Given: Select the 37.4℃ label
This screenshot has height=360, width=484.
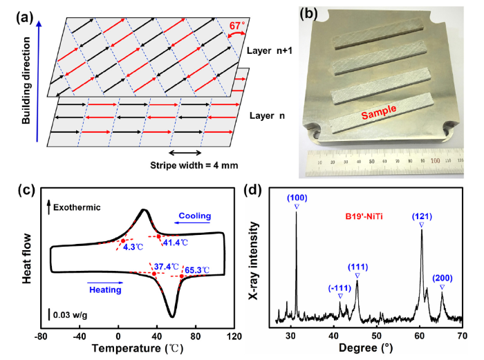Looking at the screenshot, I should click(167, 265).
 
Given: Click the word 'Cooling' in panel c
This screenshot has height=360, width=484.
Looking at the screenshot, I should click(194, 215).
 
